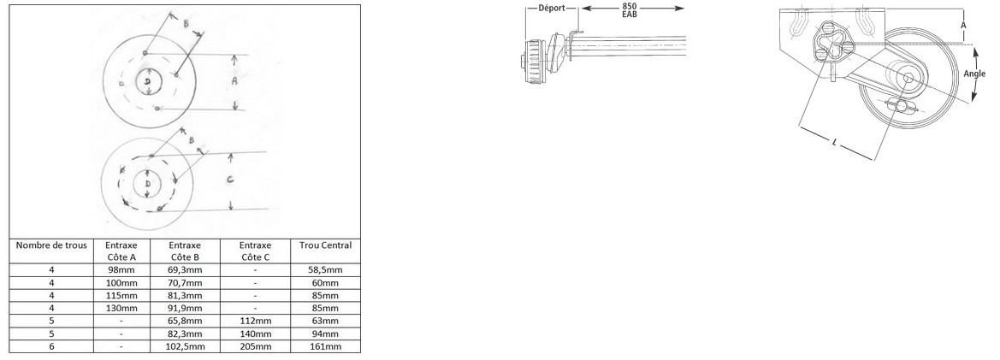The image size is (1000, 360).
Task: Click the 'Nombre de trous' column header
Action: coord(51,245)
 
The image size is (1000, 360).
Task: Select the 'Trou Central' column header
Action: coord(324,245)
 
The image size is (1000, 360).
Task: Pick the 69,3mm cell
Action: coord(186,269)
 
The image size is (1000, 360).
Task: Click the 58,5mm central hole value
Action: coord(324,269)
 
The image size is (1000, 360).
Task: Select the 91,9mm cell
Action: coord(186,308)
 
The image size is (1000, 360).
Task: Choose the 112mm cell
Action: coord(255,321)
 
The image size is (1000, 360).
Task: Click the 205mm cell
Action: coord(255,346)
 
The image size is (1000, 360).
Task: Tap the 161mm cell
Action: coord(324,346)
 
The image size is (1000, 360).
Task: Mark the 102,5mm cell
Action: coord(186,346)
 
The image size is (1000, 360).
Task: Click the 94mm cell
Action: coord(324,333)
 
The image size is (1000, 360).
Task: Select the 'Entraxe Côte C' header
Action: coord(255,251)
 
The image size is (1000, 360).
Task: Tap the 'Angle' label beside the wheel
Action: coord(974,74)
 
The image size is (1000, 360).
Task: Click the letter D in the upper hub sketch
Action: coord(148,80)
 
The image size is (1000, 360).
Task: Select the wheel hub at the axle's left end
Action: coord(532,62)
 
